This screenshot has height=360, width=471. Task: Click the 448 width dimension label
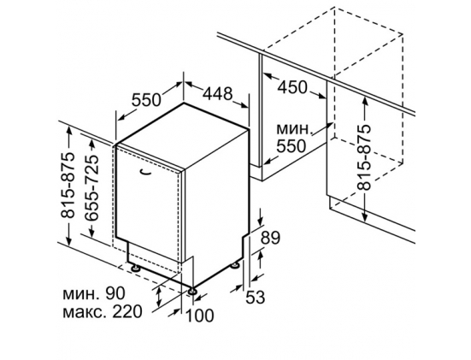click(217, 94)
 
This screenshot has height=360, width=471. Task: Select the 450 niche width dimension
click(292, 87)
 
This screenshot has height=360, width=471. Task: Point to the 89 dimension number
click(270, 238)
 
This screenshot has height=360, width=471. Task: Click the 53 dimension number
click(256, 298)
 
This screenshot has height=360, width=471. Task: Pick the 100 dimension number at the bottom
click(200, 316)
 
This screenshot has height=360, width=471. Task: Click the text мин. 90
click(94, 293)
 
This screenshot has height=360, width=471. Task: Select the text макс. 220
click(102, 311)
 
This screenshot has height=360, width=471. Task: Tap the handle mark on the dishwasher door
click(145, 171)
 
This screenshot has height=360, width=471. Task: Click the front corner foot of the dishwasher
click(191, 291)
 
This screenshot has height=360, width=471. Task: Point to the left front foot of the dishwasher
click(134, 267)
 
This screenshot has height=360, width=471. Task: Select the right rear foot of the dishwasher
click(234, 265)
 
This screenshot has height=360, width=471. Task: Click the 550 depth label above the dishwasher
click(146, 100)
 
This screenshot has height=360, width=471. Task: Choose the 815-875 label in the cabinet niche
click(364, 157)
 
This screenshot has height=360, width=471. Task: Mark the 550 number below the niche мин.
click(291, 145)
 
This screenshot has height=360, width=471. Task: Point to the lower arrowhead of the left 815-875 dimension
click(69, 241)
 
